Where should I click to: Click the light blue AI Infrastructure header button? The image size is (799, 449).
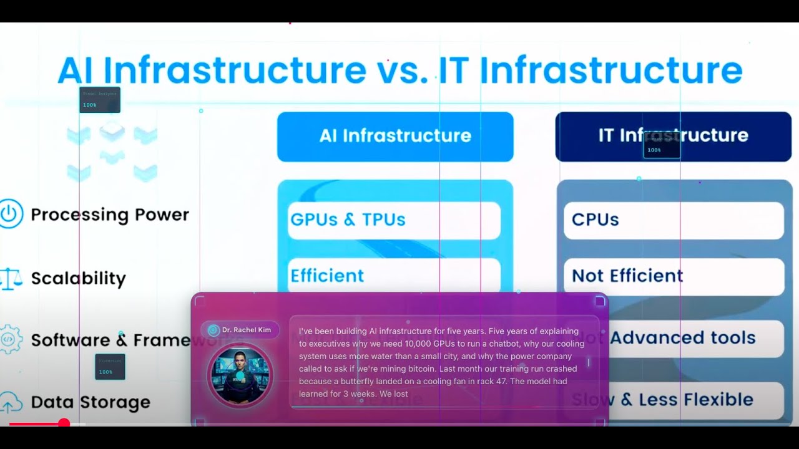[395, 137]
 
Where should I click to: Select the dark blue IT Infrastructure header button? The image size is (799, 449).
[673, 137]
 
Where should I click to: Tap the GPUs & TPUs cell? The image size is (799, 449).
[394, 220]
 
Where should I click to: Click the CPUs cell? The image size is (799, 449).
[674, 220]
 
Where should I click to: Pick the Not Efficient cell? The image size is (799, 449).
[674, 276]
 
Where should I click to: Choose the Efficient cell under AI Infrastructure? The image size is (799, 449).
[394, 276]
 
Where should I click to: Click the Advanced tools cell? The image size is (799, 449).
[682, 338]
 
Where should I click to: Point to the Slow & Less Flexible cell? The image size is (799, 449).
[674, 400]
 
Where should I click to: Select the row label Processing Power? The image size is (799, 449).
[110, 215]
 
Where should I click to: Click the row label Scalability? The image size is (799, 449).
[79, 278]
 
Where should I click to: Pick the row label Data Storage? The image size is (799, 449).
[91, 402]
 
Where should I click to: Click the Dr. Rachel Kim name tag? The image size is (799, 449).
[240, 330]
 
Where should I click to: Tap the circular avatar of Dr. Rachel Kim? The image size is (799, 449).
[240, 375]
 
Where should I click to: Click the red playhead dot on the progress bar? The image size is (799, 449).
[64, 423]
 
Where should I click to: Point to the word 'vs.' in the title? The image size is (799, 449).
[402, 70]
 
